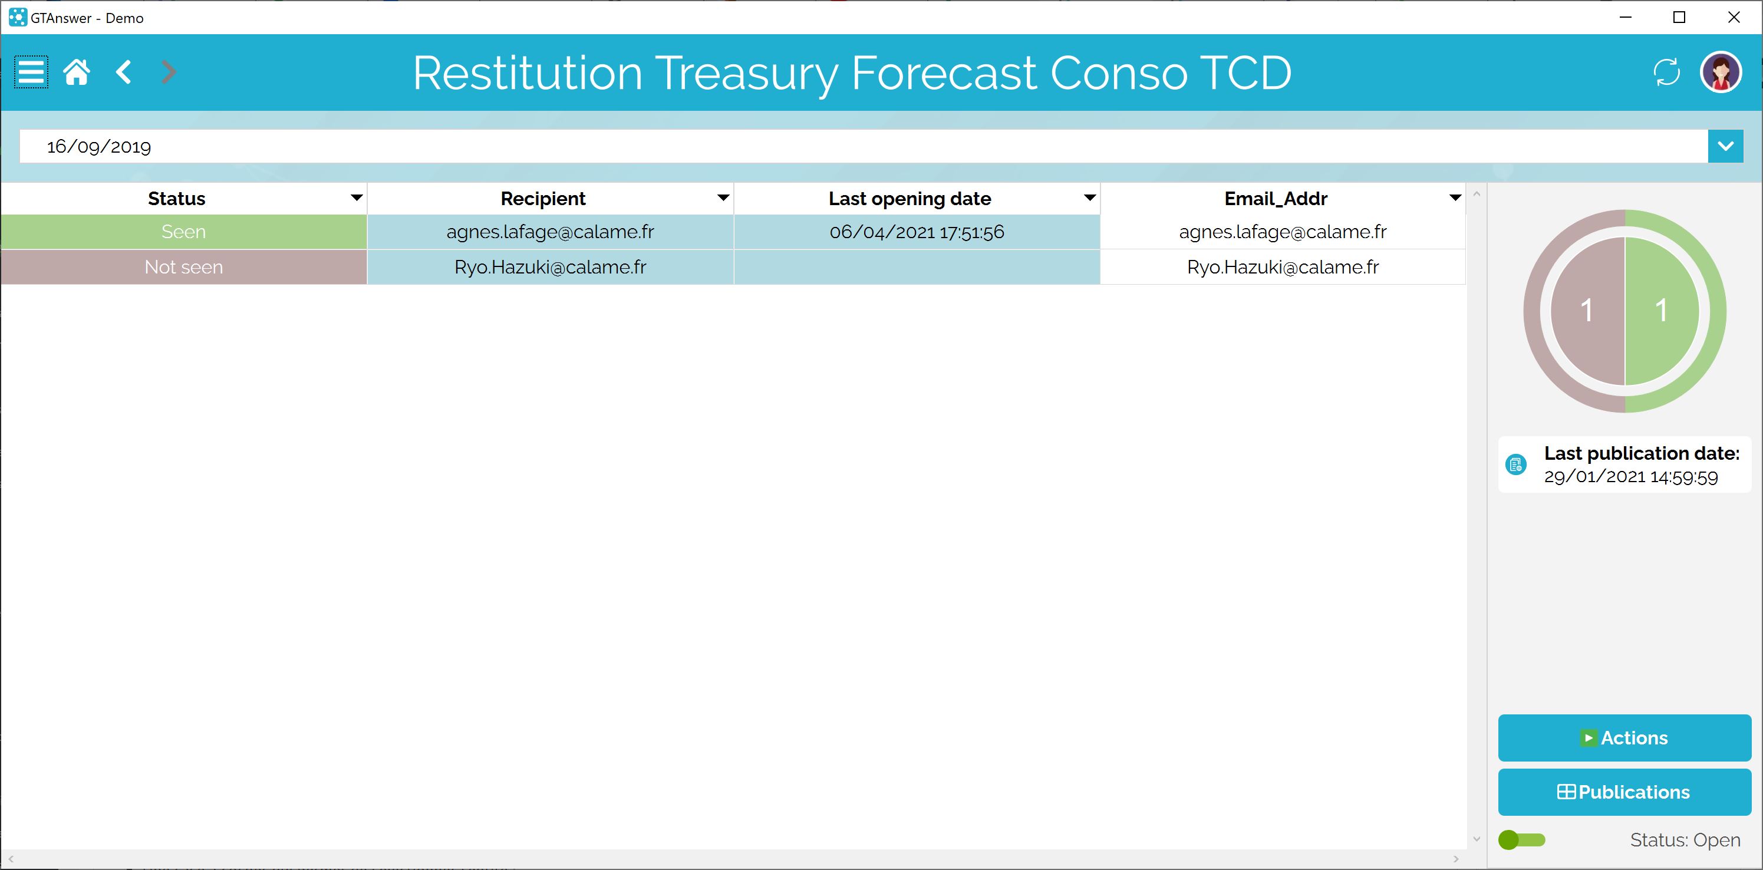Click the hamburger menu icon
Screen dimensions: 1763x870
pos(31,72)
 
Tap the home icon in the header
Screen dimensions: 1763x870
pos(77,72)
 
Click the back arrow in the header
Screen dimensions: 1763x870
pos(124,72)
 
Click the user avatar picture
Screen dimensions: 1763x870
pos(1721,72)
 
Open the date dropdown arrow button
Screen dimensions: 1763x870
pos(1725,146)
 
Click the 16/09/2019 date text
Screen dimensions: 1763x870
pos(99,147)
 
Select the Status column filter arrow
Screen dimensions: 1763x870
pos(356,198)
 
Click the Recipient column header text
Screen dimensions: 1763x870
pos(543,199)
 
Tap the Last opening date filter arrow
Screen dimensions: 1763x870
pos(1089,198)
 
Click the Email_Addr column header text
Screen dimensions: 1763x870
pos(1276,199)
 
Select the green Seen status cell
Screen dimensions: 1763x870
pos(183,232)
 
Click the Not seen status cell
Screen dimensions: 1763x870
pos(183,267)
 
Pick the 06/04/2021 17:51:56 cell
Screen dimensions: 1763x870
pos(917,232)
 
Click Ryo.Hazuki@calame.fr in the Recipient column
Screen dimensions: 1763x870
pos(551,267)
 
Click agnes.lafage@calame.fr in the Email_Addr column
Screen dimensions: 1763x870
pos(1283,232)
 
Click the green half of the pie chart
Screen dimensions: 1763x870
pos(1662,311)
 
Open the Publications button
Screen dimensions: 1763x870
pos(1624,792)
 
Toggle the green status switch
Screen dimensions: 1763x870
pos(1521,840)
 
